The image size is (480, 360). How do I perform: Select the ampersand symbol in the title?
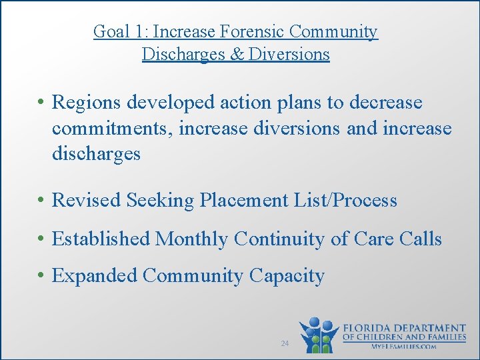click(x=237, y=54)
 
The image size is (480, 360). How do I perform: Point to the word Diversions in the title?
click(x=289, y=54)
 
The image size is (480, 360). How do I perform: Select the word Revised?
click(x=86, y=201)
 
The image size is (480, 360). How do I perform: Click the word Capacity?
click(x=287, y=276)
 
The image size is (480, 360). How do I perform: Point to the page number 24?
click(x=285, y=343)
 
